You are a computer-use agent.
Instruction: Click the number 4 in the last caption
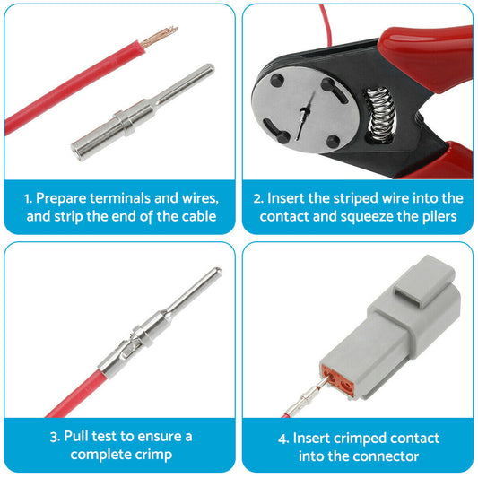tap(283, 438)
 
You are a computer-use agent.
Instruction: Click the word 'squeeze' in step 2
tap(361, 217)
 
